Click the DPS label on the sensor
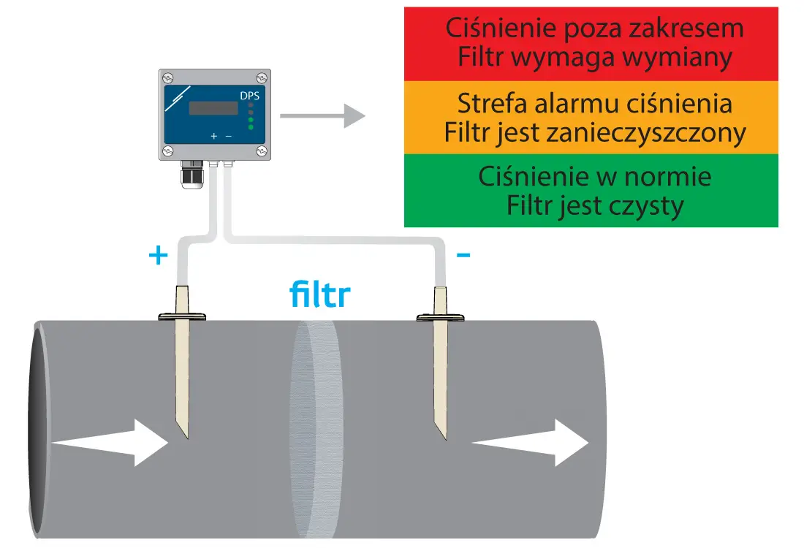[249, 96]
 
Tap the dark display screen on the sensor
[213, 108]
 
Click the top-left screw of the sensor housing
[168, 77]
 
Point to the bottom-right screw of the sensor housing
[261, 151]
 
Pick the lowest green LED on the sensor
[251, 128]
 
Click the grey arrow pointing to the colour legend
[322, 115]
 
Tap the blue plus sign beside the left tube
[158, 256]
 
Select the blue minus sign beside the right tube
[463, 255]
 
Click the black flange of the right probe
[441, 318]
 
